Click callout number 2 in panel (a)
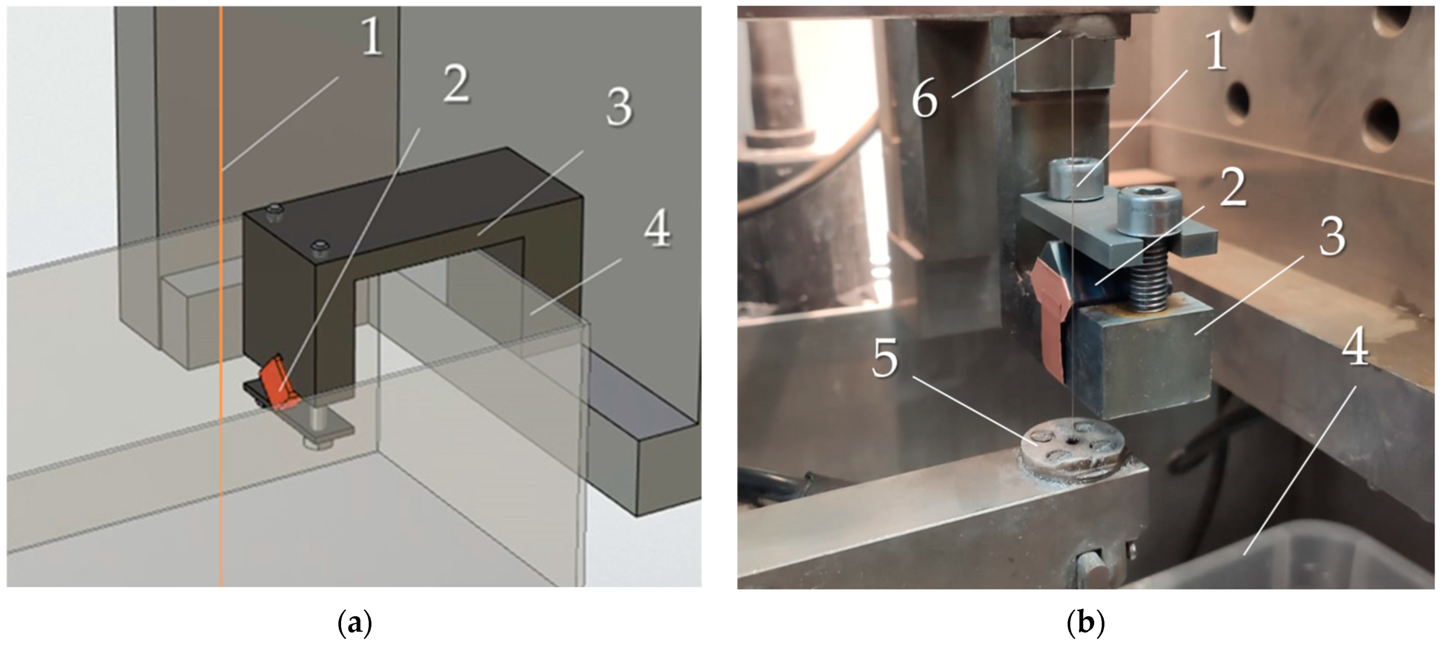tap(456, 83)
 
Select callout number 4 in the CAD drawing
tap(657, 229)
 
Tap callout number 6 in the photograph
tap(925, 99)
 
